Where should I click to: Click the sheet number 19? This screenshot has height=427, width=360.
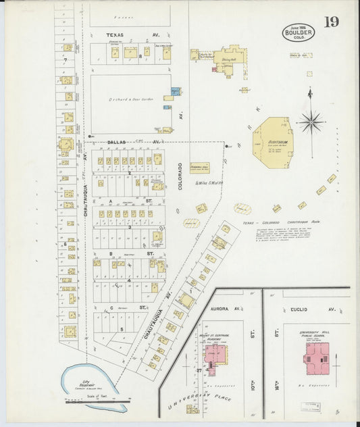coord(330,22)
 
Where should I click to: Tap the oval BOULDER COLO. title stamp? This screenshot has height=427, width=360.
coord(298,32)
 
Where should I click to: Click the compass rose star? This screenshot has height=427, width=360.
coord(311,122)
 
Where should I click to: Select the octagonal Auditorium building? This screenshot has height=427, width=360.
coord(273,142)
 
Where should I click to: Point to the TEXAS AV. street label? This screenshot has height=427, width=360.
coord(124,34)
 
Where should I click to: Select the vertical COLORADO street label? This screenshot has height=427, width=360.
coord(180,176)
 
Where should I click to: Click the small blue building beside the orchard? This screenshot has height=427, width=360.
coord(175,91)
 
